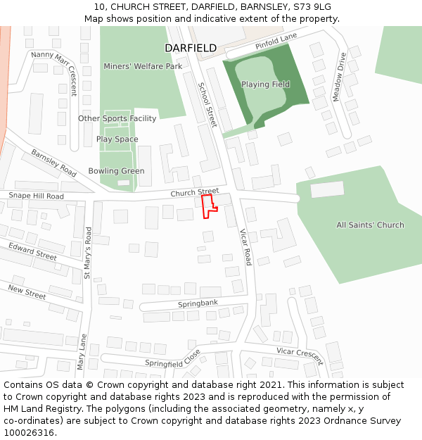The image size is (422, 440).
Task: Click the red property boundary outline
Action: coord(209,207)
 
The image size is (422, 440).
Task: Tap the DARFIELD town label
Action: coord(191,48)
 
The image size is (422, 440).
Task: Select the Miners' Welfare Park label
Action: coord(143,66)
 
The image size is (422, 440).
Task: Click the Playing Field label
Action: coord(265,84)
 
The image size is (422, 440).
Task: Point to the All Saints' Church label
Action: coord(370,225)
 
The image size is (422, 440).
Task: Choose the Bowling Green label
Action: coord(116,171)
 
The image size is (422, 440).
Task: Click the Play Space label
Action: coord(117,139)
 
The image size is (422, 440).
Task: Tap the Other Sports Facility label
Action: coord(117,118)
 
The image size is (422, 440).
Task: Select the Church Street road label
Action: coord(195,191)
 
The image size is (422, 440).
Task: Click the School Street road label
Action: coord(208,105)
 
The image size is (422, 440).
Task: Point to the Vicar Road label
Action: coord(245,246)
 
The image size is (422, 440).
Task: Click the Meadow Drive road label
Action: coord(339,77)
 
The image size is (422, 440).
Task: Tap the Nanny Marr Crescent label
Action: coord(54,73)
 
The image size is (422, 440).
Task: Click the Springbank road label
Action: coord(198,303)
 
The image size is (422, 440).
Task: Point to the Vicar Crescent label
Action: coord(300,356)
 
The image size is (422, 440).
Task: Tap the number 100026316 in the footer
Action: coord(28,432)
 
